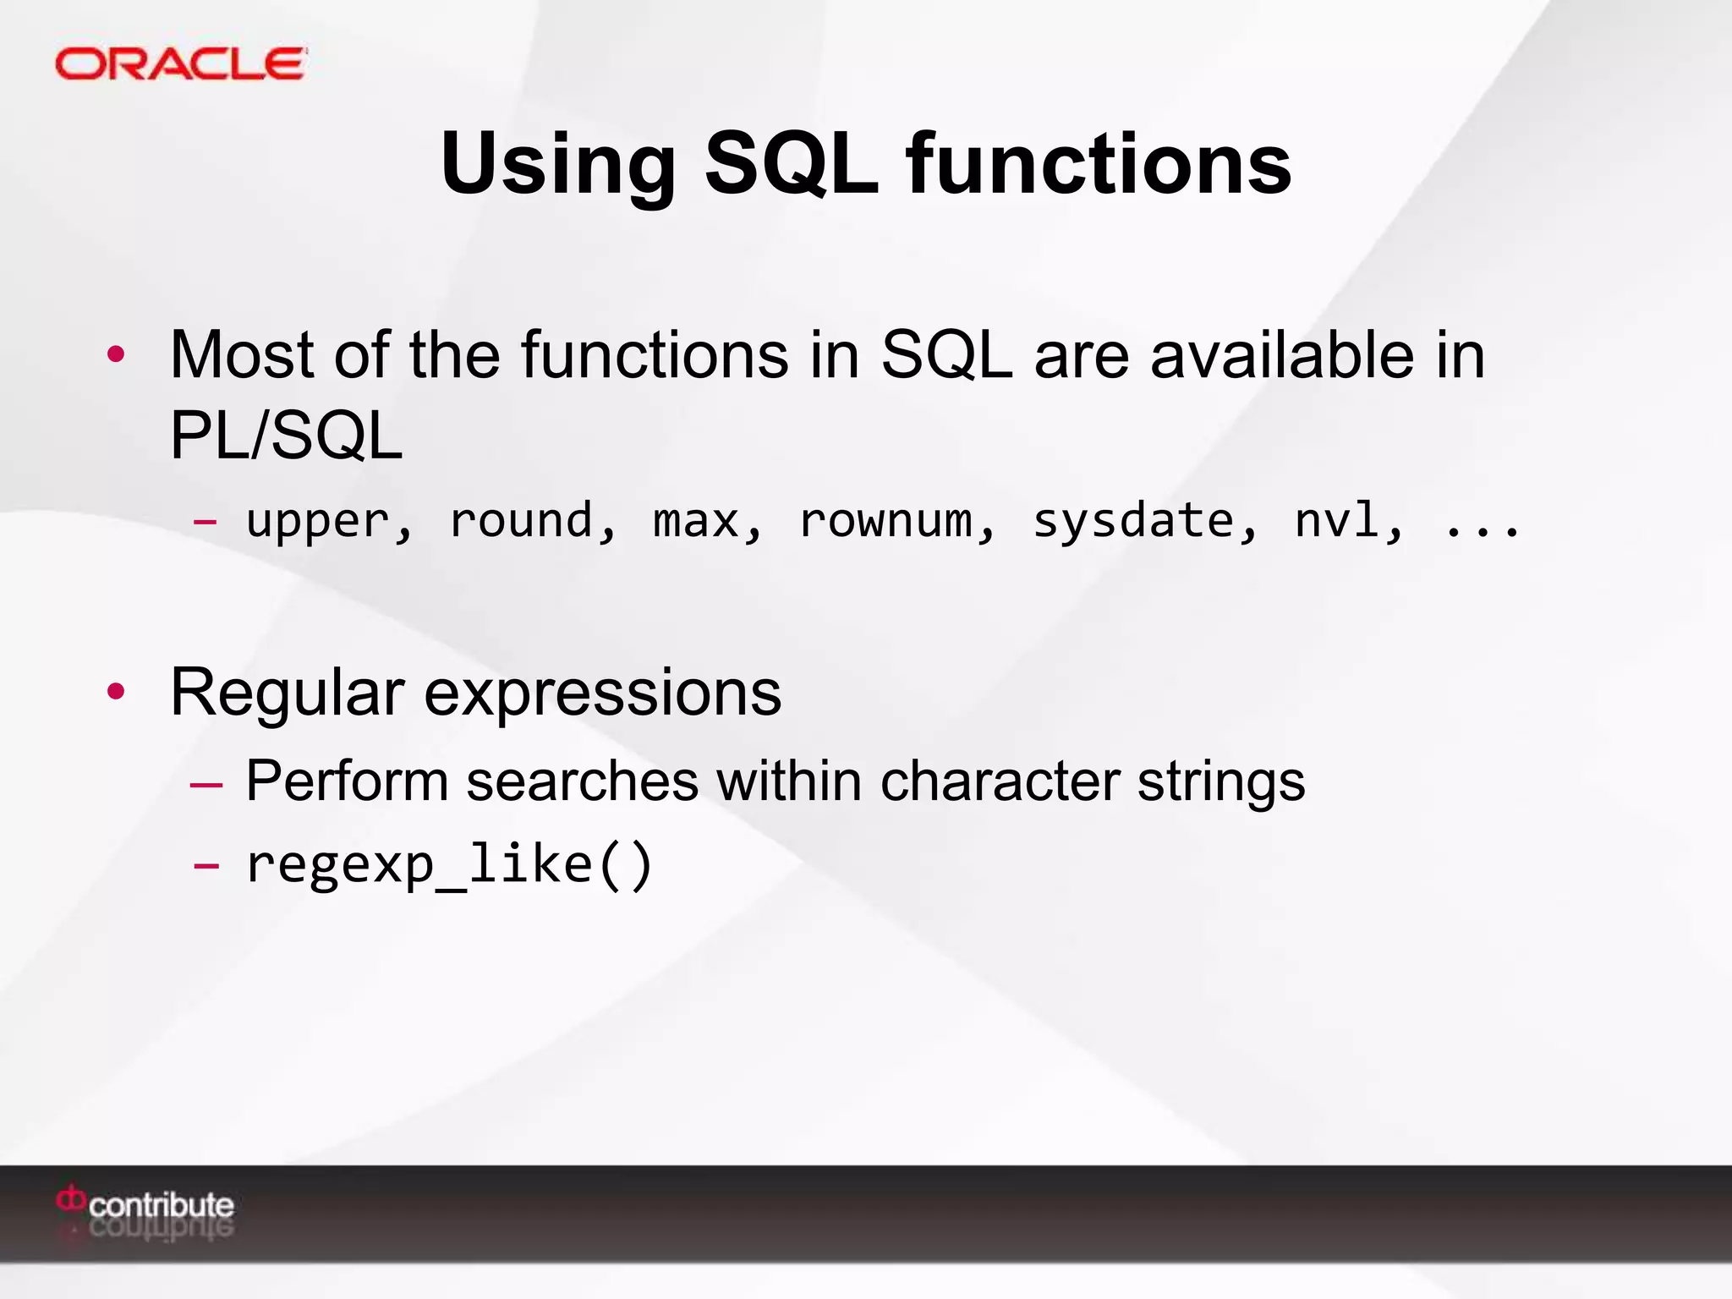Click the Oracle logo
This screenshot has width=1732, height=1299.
[x=180, y=64]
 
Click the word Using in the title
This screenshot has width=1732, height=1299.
[x=558, y=165]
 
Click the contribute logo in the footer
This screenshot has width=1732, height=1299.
[x=146, y=1205]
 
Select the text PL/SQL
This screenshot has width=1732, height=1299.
[x=286, y=436]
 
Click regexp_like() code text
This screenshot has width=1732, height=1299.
[x=448, y=864]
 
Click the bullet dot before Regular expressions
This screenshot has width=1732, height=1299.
[x=116, y=692]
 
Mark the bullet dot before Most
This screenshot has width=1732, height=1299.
[x=116, y=354]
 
